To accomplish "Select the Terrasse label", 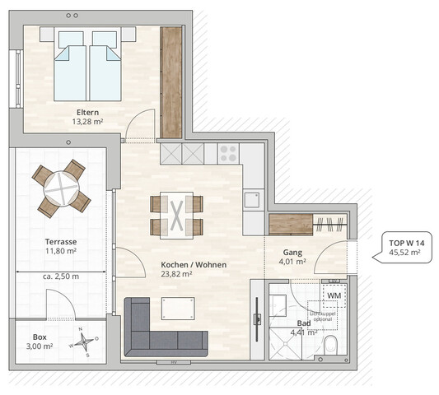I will point(61,241).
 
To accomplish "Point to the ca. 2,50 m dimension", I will point(61,276).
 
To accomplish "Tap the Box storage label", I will point(40,337).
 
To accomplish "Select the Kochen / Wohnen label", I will point(194,265).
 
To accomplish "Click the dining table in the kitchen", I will point(176,215).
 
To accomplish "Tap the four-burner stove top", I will point(227,152).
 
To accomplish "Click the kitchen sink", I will point(252,200).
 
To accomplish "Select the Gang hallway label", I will point(292,253).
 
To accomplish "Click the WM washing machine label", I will point(334,295).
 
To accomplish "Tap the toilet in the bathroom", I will point(333,344).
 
